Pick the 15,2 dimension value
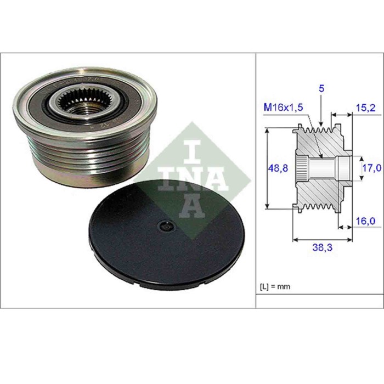pyautogui.click(x=365, y=108)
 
